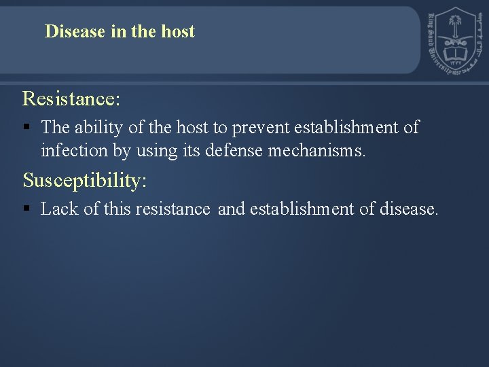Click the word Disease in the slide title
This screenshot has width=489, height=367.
tap(75, 31)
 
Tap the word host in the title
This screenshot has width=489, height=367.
tap(178, 31)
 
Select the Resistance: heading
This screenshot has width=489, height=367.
tap(71, 99)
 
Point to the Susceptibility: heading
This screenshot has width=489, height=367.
tap(85, 180)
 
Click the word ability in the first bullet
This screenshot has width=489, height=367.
tap(95, 127)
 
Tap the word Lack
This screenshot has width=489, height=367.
tap(59, 209)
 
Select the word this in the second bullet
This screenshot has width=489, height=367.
tap(117, 209)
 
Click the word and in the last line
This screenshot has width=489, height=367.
tap(232, 209)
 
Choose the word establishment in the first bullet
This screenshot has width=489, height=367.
tap(346, 127)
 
